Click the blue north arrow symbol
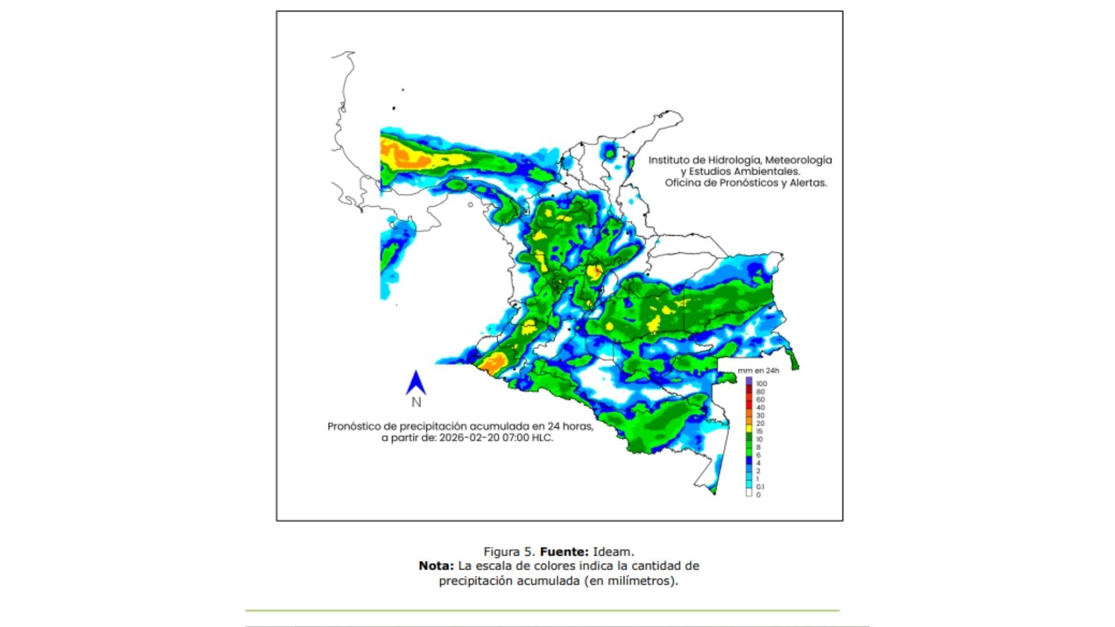point(416,383)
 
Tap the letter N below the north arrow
point(416,402)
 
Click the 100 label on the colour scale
point(761,384)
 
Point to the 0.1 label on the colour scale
point(760,487)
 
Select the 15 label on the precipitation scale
point(760,431)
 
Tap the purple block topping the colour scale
point(749,380)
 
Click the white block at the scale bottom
point(749,493)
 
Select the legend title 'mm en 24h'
point(758,370)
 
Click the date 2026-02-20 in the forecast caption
point(465,438)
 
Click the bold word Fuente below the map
point(564,551)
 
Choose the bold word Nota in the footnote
point(436,565)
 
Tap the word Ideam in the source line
point(613,551)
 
